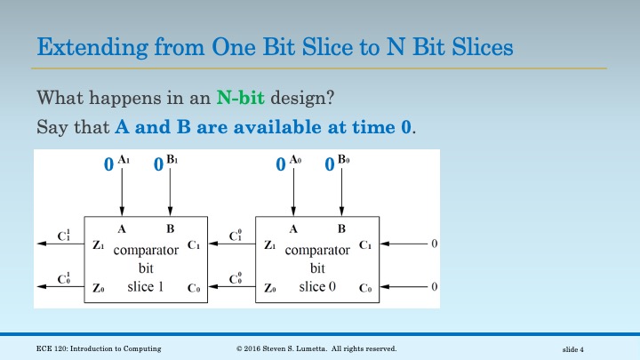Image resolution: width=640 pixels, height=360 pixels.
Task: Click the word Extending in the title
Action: tap(79, 45)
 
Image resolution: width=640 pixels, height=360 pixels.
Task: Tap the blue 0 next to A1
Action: tap(108, 164)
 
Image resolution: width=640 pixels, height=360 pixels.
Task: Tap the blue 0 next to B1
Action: tap(157, 164)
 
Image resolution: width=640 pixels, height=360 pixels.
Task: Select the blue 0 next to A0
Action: tap(280, 164)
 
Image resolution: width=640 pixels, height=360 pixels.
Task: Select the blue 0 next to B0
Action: tap(329, 164)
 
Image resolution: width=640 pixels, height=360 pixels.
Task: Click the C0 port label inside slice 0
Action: tap(364, 288)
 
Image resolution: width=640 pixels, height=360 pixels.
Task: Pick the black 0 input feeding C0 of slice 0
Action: tap(434, 286)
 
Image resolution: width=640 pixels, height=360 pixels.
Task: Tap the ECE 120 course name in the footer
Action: tap(92, 348)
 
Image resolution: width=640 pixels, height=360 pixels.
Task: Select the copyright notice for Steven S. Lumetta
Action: tap(316, 348)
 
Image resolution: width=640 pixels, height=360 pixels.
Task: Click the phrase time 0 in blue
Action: tap(388, 127)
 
